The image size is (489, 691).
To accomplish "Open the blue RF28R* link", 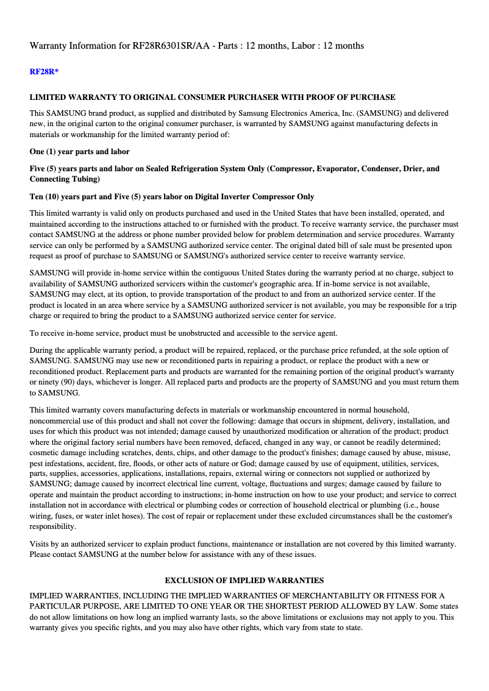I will [44, 72].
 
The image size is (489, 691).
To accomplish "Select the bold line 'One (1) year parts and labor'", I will [79, 151].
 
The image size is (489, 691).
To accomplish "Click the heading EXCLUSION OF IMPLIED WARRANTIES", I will [244, 580].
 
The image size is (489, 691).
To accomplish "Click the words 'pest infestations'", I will [55, 462].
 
